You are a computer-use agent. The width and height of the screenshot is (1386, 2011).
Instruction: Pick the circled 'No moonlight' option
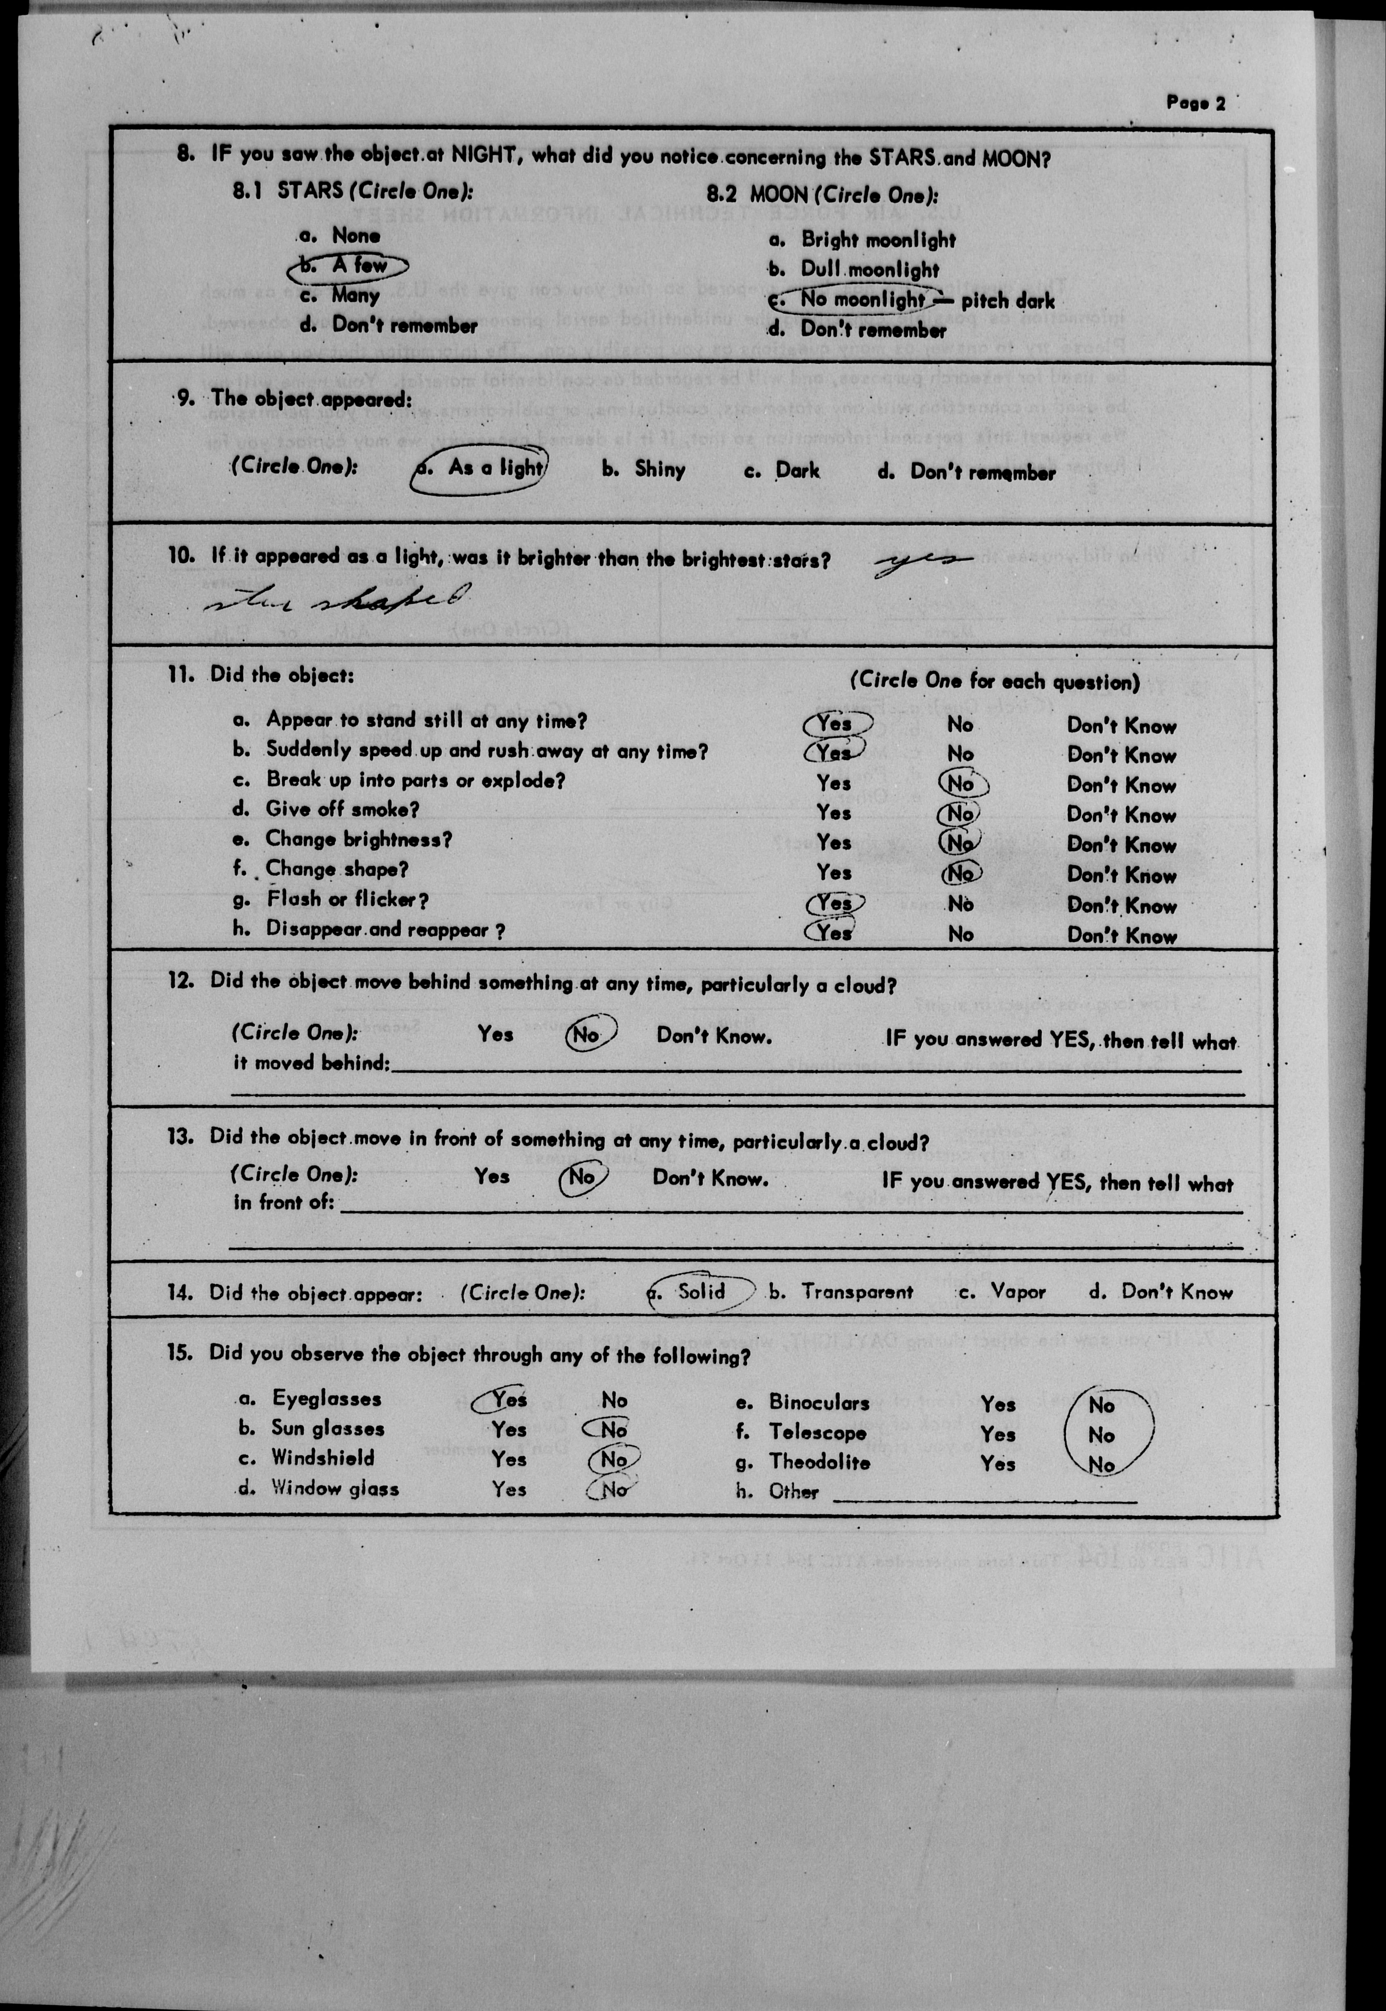[861, 300]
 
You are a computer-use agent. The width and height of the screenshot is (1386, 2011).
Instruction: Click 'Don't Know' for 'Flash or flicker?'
[1121, 905]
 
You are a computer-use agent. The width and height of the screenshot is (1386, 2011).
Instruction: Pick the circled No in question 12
[588, 1034]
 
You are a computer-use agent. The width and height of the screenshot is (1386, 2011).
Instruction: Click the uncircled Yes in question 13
[491, 1176]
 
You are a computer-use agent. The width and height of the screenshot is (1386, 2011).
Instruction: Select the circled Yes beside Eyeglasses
[509, 1399]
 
